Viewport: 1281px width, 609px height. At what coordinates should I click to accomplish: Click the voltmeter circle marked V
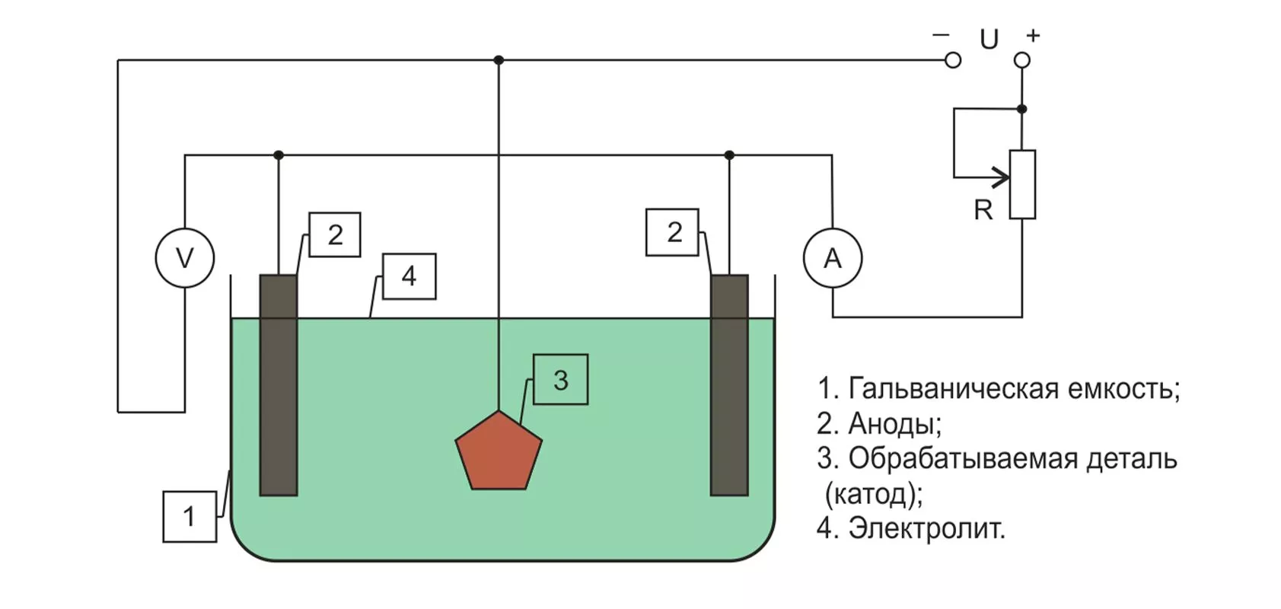click(x=185, y=258)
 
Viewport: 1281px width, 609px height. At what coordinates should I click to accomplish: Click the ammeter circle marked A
click(x=833, y=259)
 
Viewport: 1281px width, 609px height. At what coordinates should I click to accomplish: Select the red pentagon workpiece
click(x=499, y=452)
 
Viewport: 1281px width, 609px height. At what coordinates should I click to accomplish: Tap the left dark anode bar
click(x=279, y=384)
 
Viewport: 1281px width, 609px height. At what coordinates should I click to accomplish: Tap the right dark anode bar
click(x=729, y=384)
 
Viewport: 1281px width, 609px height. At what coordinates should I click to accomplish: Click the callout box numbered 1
click(x=190, y=517)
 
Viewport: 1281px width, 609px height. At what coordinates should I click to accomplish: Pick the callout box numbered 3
click(x=560, y=379)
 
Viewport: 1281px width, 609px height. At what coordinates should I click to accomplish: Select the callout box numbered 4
click(x=409, y=276)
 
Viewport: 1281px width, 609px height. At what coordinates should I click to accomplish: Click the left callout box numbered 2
click(x=335, y=234)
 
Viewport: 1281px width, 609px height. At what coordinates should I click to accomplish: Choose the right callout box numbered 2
click(x=673, y=232)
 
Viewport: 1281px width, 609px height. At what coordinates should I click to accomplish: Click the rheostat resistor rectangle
click(x=1022, y=185)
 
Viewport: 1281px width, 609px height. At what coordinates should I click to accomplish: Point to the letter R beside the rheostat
click(x=983, y=210)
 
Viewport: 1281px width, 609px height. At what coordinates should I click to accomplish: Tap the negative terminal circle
click(x=953, y=60)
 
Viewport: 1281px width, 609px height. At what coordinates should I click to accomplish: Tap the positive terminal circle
click(x=1022, y=60)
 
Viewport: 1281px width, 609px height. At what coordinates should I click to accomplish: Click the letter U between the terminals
click(x=989, y=39)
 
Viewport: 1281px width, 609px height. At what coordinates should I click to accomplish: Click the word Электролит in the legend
click(x=926, y=528)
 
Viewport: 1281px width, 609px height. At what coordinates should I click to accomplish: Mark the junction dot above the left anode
click(x=279, y=155)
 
